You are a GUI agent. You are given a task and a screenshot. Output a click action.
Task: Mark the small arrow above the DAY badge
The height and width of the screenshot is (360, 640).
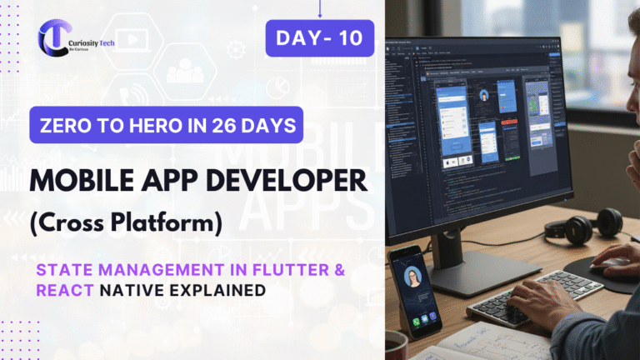point(319,8)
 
